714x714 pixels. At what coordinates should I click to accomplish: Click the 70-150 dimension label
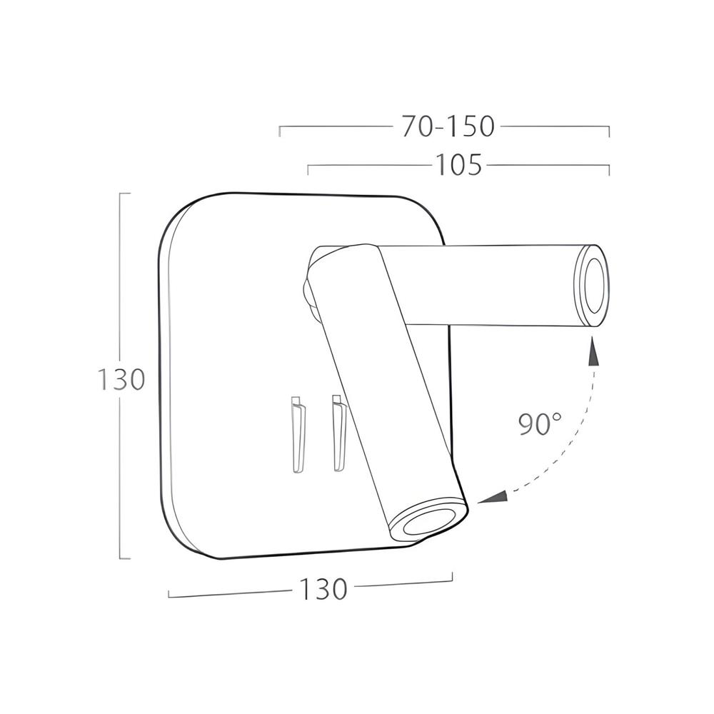click(x=448, y=127)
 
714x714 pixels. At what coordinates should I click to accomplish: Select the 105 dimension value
click(x=459, y=166)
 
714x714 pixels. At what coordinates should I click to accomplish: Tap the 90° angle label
click(x=540, y=424)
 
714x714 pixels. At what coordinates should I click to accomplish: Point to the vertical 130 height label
click(x=121, y=379)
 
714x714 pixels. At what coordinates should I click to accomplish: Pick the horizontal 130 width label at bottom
click(x=323, y=590)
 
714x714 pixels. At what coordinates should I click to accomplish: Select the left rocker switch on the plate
click(x=298, y=433)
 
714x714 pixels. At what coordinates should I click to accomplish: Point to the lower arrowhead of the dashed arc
click(x=492, y=497)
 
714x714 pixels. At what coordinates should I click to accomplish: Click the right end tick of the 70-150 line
click(x=608, y=131)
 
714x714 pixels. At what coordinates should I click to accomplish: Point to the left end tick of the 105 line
click(x=308, y=170)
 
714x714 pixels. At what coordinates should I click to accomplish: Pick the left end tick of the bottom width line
click(x=169, y=594)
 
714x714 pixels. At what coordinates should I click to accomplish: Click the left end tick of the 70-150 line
click(x=280, y=131)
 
